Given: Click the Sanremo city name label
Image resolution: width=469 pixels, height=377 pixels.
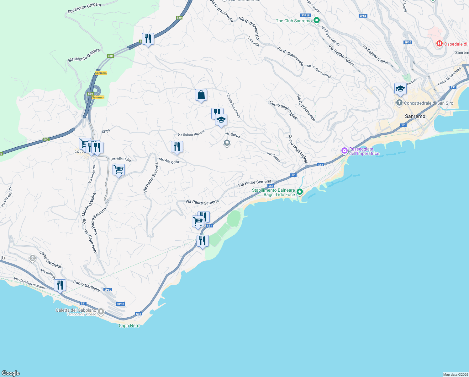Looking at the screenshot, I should [415, 116].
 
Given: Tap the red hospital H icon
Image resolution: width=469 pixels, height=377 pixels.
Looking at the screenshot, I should [440, 44].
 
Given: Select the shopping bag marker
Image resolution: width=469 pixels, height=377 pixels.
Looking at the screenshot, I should [201, 95].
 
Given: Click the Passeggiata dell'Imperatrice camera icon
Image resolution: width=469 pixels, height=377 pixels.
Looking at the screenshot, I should [345, 151].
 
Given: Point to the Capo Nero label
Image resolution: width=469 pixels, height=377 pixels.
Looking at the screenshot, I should [129, 325].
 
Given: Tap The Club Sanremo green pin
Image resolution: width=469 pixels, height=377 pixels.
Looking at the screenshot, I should [316, 21].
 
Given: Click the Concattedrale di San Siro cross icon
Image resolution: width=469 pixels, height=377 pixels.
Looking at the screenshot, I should [399, 103].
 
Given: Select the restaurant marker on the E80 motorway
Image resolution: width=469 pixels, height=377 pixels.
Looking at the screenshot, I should [148, 39].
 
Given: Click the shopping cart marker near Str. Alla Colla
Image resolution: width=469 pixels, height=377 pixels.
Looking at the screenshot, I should [119, 170].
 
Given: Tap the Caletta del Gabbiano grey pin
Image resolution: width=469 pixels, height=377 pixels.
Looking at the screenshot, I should [101, 312].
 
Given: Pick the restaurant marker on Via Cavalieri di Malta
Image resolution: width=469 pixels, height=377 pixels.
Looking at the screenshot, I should [60, 286].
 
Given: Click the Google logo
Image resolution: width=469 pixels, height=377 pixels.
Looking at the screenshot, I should [11, 373].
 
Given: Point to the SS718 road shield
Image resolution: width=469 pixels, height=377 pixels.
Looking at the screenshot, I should [305, 15].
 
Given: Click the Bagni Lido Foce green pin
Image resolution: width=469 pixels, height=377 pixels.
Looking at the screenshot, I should [300, 192].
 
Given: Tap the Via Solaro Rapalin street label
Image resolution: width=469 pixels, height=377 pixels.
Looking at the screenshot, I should [191, 133].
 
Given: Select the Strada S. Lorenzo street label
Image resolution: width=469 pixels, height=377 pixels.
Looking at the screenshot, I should [234, 106].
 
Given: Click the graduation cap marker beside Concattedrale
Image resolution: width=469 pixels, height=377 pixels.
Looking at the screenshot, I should [400, 89].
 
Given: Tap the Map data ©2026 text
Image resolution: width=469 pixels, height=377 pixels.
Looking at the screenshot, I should [455, 374].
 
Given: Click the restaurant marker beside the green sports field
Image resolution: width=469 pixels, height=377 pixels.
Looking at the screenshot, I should [203, 241].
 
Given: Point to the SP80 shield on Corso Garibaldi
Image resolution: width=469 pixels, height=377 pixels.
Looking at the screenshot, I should [108, 290].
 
